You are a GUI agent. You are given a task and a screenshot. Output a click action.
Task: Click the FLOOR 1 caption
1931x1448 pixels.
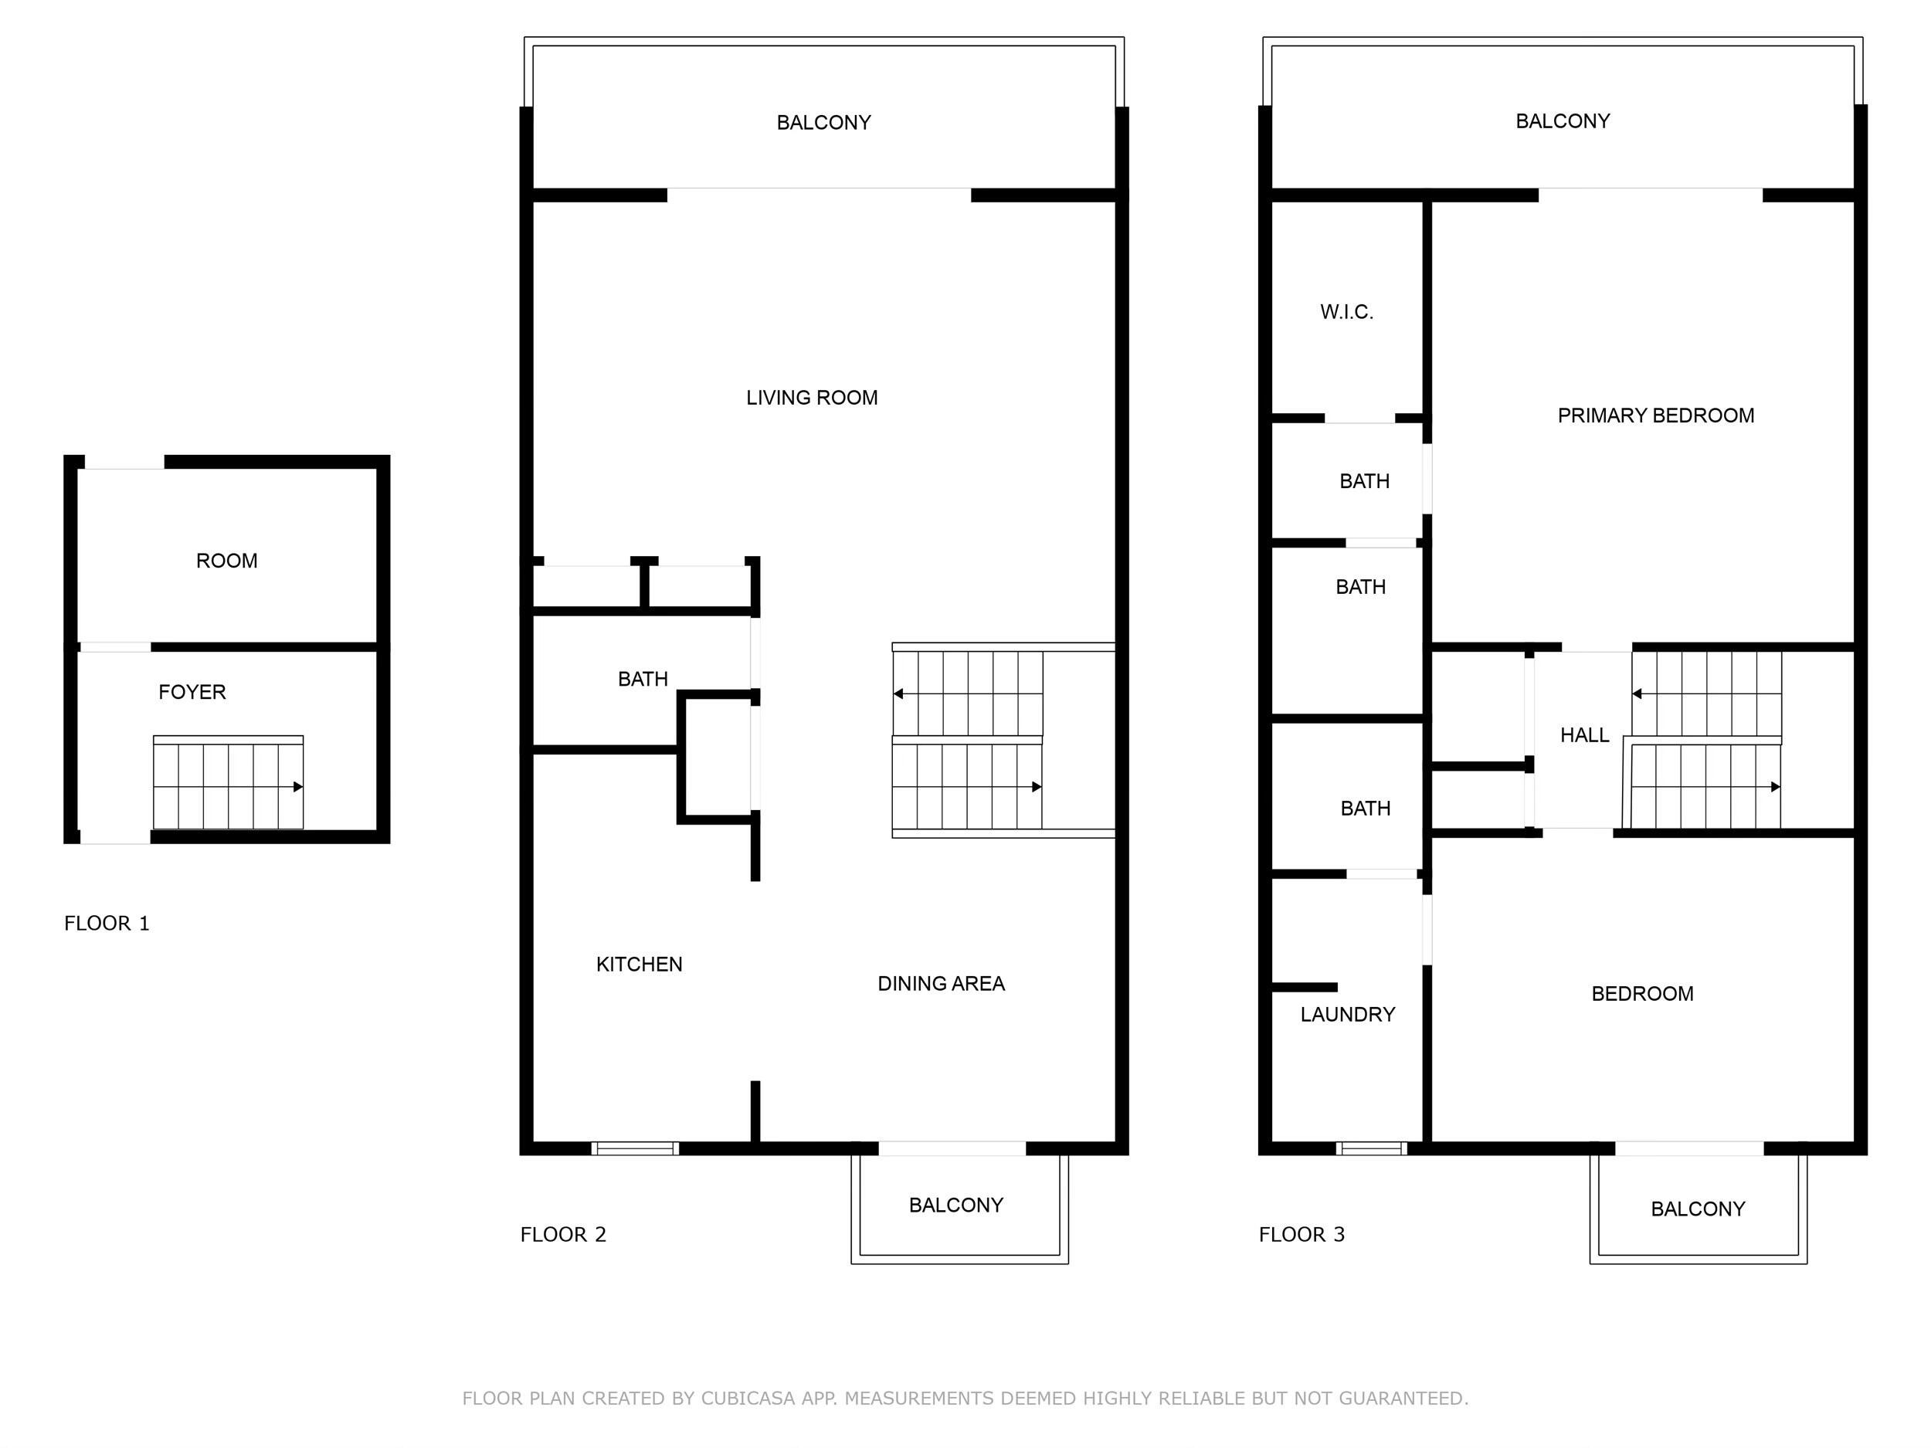click(107, 924)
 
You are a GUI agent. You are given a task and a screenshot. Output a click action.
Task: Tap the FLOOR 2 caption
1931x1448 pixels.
click(563, 1234)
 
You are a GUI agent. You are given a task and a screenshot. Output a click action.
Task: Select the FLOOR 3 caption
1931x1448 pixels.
click(1301, 1234)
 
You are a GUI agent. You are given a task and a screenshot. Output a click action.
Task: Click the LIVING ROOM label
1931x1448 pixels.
click(812, 398)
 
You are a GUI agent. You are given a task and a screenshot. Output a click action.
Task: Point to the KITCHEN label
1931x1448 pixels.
click(639, 965)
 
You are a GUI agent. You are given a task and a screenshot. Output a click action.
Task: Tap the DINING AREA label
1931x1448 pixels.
click(941, 984)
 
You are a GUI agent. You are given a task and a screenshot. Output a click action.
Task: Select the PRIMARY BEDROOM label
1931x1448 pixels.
click(1656, 415)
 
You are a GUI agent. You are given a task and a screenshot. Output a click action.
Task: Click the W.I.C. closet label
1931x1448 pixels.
click(1346, 313)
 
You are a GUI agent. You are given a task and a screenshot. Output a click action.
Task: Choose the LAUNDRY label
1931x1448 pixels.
click(1348, 1014)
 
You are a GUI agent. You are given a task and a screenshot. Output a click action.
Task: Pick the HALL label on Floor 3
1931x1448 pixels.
click(1584, 736)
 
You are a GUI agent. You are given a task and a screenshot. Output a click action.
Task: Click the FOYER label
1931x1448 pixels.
click(192, 692)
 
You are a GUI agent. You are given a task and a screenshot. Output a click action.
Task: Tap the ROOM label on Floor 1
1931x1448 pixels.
click(227, 561)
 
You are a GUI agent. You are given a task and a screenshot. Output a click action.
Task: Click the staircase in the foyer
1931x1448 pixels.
click(229, 784)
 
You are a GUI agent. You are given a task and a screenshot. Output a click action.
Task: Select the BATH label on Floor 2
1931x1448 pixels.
click(643, 679)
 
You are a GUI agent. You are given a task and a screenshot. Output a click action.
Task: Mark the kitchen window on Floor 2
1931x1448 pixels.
click(635, 1148)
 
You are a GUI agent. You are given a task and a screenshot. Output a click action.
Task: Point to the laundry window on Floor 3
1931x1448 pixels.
click(1372, 1148)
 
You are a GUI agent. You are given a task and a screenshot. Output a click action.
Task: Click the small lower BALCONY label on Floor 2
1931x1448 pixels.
click(956, 1206)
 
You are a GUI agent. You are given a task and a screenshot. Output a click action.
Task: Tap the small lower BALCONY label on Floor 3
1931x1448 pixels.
click(1698, 1209)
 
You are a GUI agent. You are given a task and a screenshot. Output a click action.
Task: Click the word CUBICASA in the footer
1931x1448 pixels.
click(747, 1399)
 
